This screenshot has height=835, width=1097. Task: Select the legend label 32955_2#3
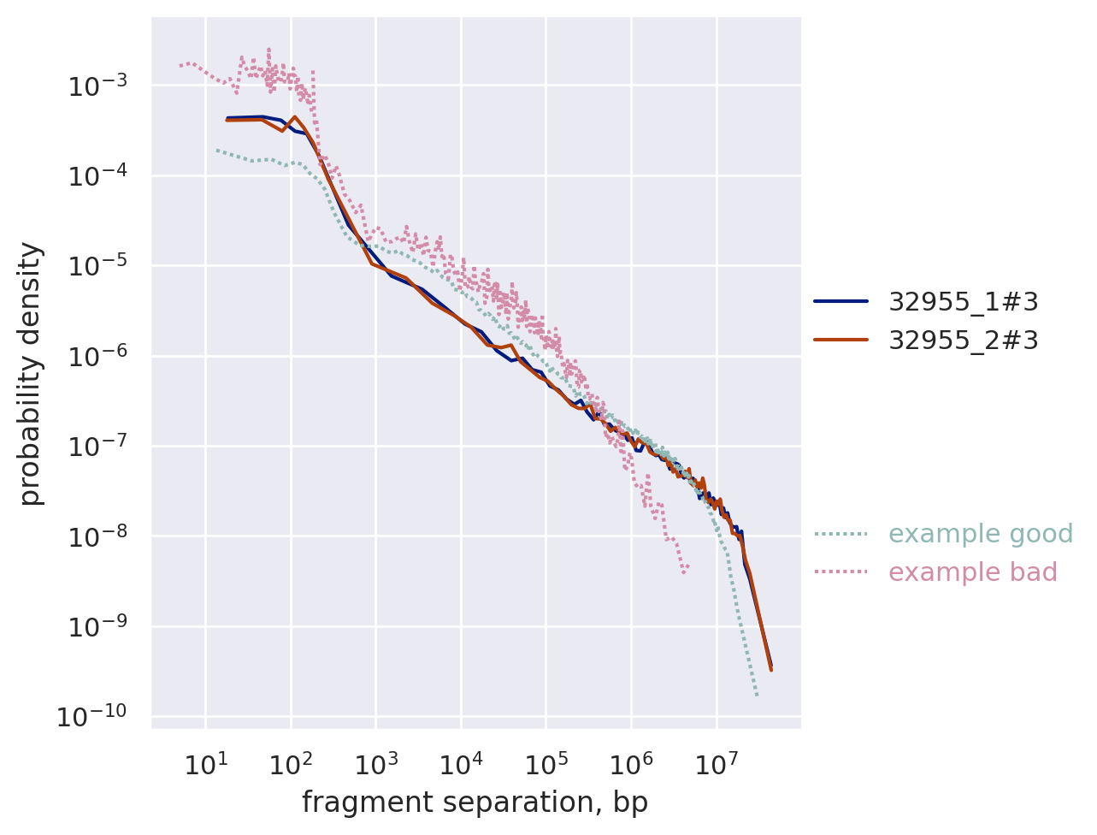pyautogui.click(x=964, y=341)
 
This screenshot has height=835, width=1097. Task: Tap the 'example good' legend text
pyautogui.click(x=981, y=534)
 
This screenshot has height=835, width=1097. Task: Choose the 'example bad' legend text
pyautogui.click(x=973, y=572)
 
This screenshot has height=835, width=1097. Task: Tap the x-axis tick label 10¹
pyautogui.click(x=205, y=763)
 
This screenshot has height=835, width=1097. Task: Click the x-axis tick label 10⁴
pyautogui.click(x=461, y=763)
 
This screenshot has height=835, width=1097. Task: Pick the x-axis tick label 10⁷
pyautogui.click(x=717, y=763)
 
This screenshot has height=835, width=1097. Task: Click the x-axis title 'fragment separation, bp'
pyautogui.click(x=475, y=802)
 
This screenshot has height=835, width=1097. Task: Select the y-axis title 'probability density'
pyautogui.click(x=31, y=373)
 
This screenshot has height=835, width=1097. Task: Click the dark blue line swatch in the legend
pyautogui.click(x=840, y=301)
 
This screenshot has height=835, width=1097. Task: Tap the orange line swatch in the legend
pyautogui.click(x=840, y=341)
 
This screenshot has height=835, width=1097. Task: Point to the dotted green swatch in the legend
pyautogui.click(x=840, y=534)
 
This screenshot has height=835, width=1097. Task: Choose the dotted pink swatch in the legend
pyautogui.click(x=840, y=572)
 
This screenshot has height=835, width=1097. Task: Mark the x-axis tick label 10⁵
pyautogui.click(x=546, y=763)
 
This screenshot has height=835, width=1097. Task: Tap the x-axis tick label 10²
pyautogui.click(x=291, y=763)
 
